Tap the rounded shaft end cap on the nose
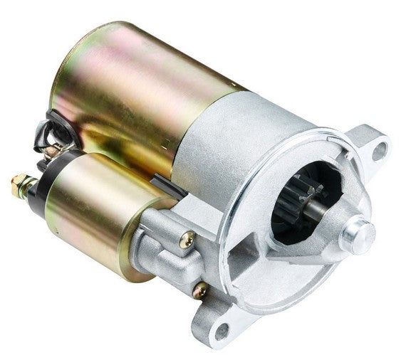357,234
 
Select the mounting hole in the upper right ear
380,149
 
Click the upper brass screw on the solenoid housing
187,241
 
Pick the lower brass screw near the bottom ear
201,290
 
